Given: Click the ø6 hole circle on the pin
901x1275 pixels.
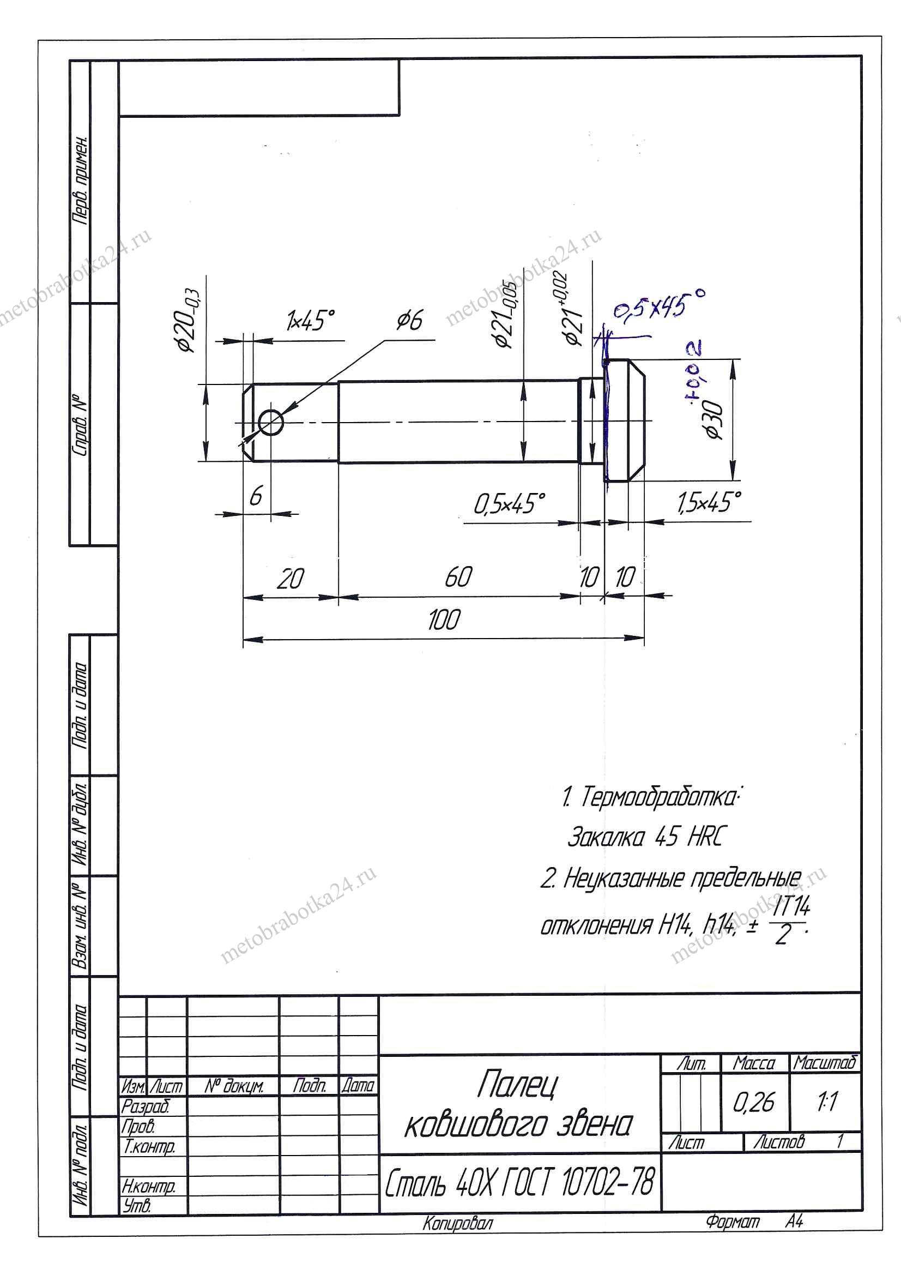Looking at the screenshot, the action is point(271,423).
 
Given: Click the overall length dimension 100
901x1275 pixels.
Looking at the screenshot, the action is point(444,620).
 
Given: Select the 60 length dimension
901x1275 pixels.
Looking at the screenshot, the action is point(458,578).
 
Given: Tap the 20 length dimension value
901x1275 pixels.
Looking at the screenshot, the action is point(291,579).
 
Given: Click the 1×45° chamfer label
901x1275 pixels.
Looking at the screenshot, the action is point(311,321).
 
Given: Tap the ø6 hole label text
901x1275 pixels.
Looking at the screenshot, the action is point(410,321).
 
